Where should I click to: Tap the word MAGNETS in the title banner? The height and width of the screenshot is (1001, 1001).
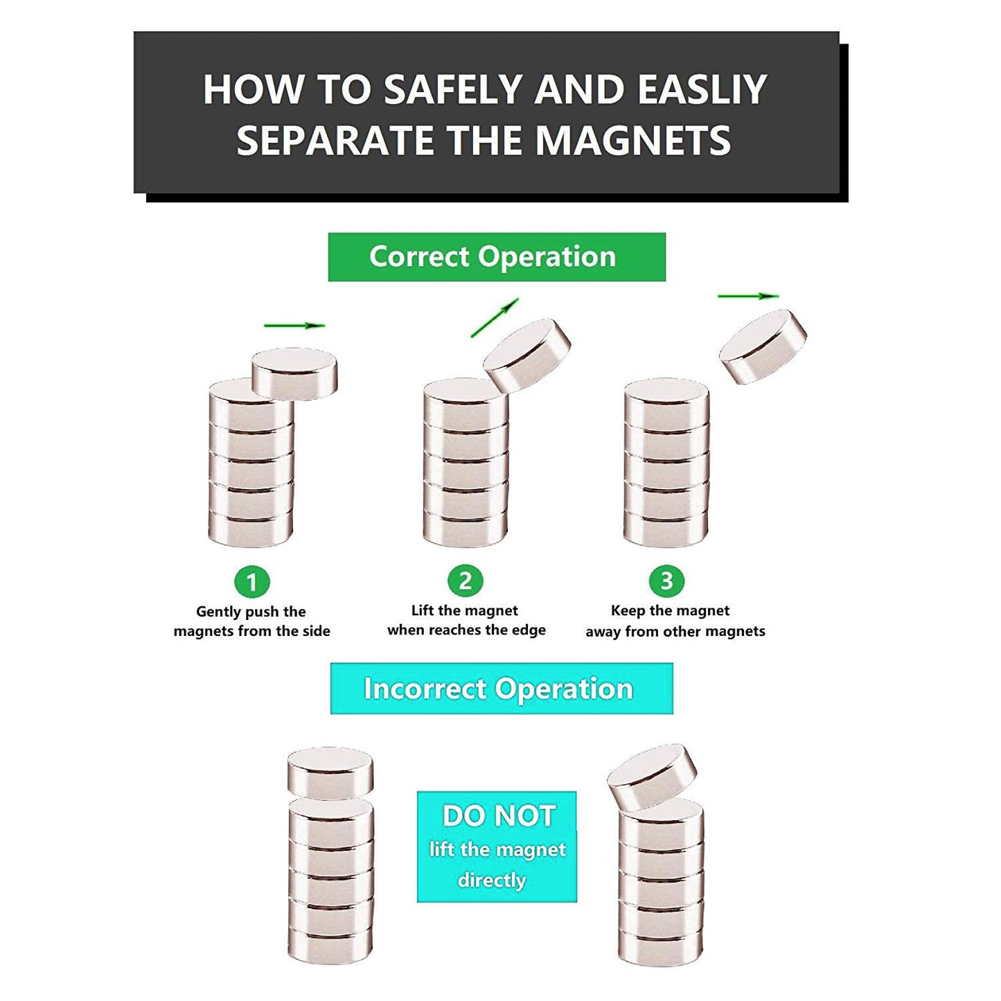point(633,140)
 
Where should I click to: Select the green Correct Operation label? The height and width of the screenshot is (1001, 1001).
point(496,256)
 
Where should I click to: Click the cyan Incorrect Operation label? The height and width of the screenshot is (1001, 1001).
point(502,689)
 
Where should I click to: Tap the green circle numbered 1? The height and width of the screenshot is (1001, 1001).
point(252,581)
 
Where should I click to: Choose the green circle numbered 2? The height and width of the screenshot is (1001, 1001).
point(465,581)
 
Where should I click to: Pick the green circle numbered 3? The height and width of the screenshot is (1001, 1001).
point(666,581)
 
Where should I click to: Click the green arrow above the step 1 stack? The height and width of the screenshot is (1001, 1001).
point(294,326)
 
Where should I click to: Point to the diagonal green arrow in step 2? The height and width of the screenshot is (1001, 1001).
point(495,317)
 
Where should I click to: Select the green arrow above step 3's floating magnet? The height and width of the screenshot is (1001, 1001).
point(748,296)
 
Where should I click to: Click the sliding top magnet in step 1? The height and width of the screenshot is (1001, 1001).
point(294,373)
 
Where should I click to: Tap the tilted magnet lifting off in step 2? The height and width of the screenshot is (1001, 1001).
point(526,355)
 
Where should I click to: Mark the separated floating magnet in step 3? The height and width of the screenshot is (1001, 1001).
point(763,346)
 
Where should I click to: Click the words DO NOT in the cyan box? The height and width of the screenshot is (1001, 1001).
point(499,815)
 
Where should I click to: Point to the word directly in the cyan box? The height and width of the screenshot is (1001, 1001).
point(491,880)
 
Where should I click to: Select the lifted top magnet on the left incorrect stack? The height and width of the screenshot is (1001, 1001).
point(330,774)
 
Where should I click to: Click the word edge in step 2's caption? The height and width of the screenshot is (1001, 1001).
point(529,630)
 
